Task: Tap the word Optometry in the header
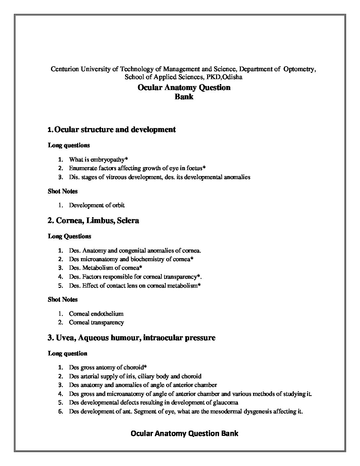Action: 298,69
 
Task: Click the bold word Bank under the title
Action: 184,97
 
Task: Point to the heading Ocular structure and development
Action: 114,129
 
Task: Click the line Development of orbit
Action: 97,205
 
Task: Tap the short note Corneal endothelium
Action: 96,314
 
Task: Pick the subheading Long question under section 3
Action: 67,353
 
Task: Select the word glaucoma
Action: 226,403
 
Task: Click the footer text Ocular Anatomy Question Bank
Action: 184,433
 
